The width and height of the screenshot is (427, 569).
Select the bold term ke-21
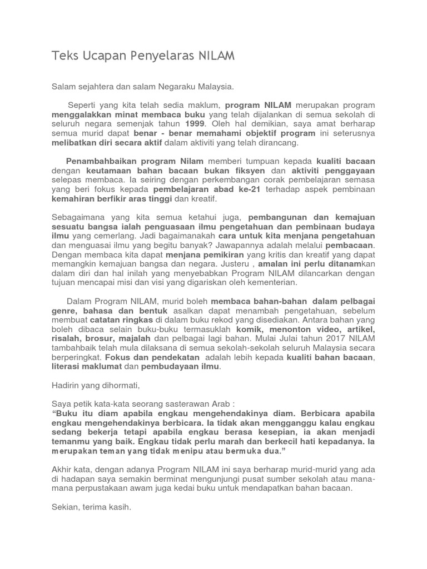(x=246, y=189)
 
